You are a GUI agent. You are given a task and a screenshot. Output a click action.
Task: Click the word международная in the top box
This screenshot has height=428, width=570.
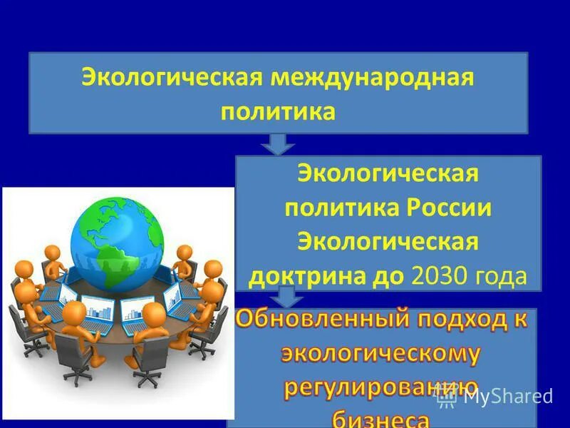[x=371, y=77]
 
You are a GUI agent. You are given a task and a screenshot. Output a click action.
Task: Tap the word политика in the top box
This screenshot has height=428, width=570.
[x=278, y=111]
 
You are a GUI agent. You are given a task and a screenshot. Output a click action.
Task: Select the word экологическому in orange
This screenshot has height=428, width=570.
[x=381, y=355]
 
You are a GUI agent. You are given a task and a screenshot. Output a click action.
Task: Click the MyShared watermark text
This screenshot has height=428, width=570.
[x=507, y=396]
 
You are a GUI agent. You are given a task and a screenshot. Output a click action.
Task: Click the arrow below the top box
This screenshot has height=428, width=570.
[x=278, y=143]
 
